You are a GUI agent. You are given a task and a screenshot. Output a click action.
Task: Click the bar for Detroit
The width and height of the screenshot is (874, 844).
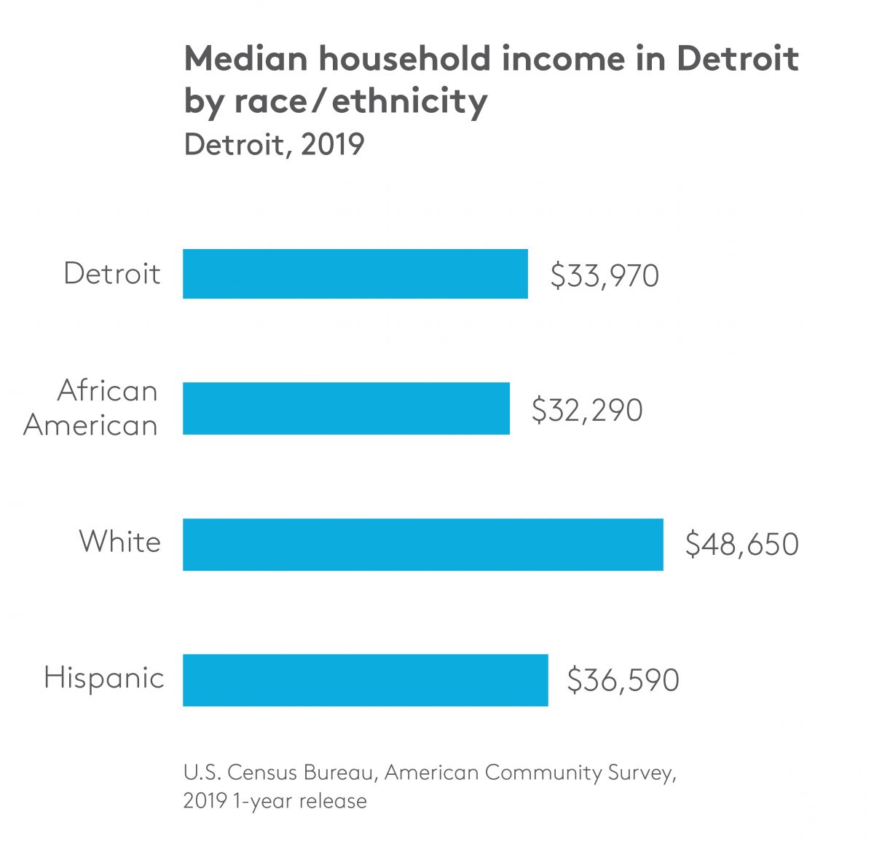pos(355,274)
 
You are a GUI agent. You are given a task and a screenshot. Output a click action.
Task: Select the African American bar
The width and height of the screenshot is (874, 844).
pos(346,409)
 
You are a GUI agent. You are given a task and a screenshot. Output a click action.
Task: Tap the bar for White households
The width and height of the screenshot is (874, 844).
pos(422,544)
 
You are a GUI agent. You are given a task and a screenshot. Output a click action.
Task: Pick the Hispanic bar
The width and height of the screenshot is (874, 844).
pos(365,679)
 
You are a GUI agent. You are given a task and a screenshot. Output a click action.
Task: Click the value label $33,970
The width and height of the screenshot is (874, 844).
pos(605,276)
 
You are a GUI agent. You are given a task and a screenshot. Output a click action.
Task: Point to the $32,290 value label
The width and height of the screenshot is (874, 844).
pos(587,410)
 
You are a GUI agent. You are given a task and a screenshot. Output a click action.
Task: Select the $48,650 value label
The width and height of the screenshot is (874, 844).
pos(741,545)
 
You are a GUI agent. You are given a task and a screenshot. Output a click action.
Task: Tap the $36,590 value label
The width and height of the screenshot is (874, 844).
pos(623,680)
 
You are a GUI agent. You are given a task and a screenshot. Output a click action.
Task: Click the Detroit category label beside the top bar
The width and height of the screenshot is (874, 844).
pos(111,274)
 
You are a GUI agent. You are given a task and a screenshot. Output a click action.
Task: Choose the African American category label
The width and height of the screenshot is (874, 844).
pos(91,408)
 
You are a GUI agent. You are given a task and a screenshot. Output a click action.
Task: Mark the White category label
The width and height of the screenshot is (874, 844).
pos(119,542)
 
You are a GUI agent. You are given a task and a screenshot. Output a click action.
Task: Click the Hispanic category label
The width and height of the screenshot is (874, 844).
pos(103,678)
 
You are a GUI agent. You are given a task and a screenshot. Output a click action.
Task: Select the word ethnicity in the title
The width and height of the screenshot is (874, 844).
pos(409,100)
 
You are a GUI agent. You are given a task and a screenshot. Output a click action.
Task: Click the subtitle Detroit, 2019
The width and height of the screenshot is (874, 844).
pos(274,144)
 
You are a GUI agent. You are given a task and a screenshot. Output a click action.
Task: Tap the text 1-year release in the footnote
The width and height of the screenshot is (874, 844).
pos(299,801)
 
